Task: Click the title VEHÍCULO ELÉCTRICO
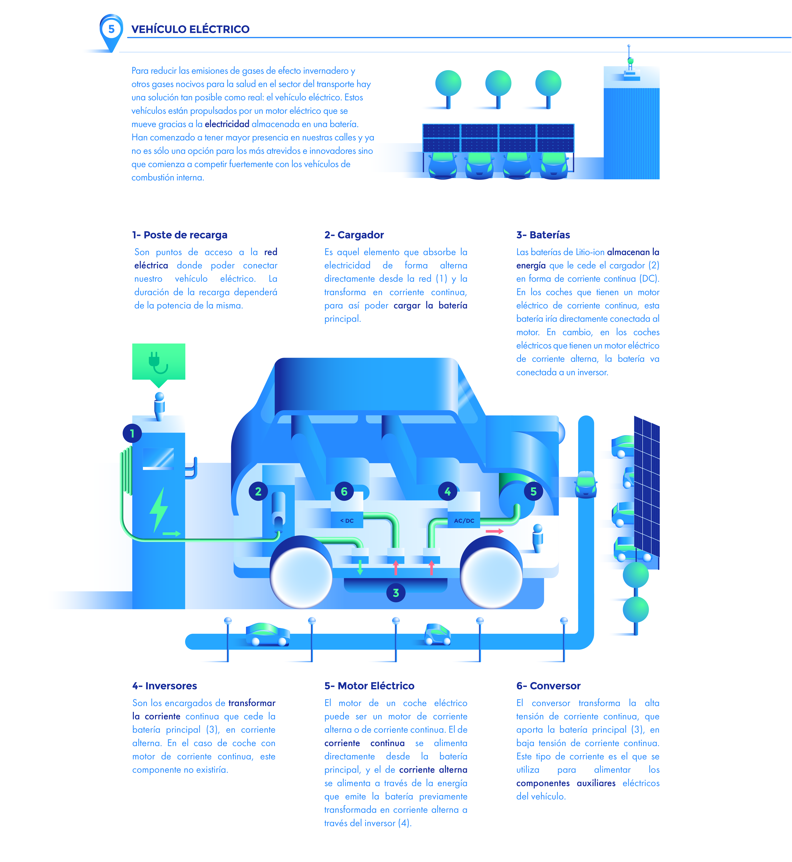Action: [x=190, y=29]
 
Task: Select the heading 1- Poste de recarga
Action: [x=180, y=235]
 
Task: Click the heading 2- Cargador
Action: [x=354, y=235]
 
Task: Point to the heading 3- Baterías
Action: [x=543, y=235]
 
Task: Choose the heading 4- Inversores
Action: [x=165, y=686]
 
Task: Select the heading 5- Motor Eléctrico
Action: [x=369, y=686]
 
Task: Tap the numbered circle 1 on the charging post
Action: [x=132, y=433]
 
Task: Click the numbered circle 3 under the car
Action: [x=396, y=593]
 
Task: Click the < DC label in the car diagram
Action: [x=347, y=521]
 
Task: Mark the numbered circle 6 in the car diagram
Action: [x=344, y=491]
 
